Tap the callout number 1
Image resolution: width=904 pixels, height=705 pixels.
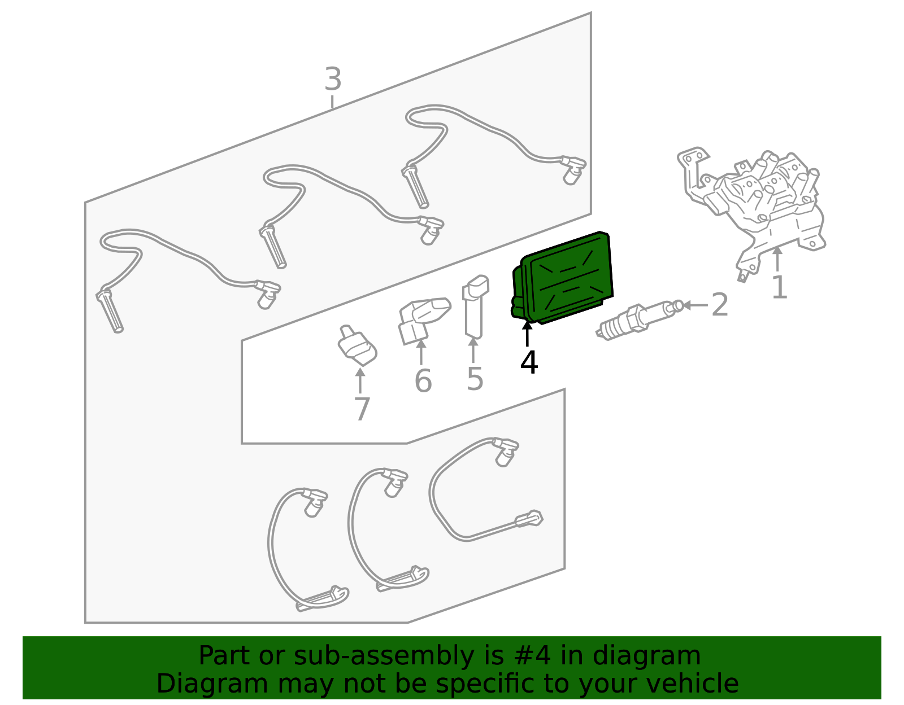pos(779,287)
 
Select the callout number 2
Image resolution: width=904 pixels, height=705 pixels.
pos(720,304)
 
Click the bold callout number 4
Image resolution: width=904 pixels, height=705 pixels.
pos(529,362)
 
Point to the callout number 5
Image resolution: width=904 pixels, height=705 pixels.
pos(475,379)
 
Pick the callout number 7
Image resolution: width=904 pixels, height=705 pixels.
pos(362,409)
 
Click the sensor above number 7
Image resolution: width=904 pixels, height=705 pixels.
pos(357,345)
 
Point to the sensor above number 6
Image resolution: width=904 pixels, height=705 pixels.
pos(424,320)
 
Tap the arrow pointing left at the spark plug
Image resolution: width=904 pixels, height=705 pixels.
pos(695,305)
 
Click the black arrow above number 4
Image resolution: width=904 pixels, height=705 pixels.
pos(527,333)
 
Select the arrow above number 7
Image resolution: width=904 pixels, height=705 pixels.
pos(360,380)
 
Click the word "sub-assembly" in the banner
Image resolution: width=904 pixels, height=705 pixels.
pos(383,655)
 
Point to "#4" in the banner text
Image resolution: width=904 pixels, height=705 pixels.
pos(533,655)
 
